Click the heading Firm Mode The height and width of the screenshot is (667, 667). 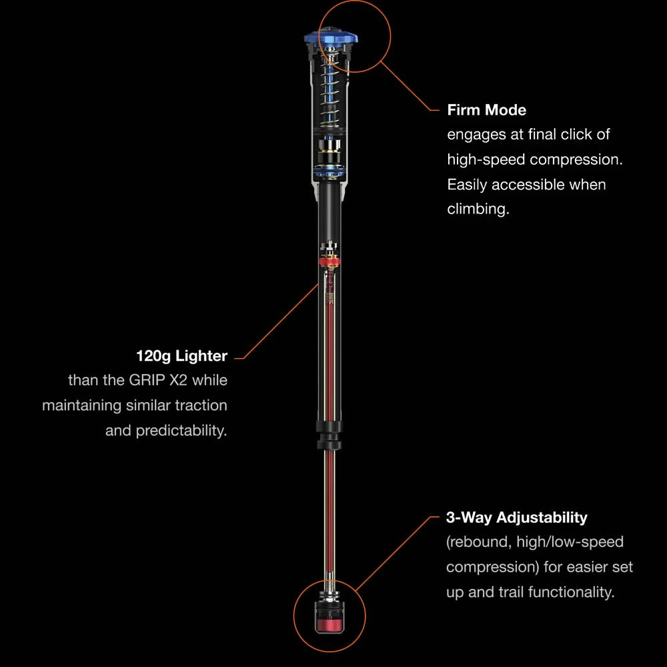pos(487,110)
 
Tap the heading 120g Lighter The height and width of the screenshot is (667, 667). pos(181,356)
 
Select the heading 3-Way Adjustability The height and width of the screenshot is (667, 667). pos(516,518)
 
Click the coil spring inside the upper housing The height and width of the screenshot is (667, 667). pos(330,91)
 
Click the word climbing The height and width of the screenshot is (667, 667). pos(478,209)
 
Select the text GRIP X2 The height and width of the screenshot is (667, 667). pos(158,380)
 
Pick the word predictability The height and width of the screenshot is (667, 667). pos(181,430)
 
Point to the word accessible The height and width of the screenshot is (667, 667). pos(528,185)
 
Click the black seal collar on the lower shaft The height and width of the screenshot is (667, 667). pos(329,435)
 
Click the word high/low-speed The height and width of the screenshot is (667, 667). pos(570,542)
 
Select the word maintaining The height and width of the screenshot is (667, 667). pos(81,406)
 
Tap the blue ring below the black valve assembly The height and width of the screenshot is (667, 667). pos(329,173)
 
